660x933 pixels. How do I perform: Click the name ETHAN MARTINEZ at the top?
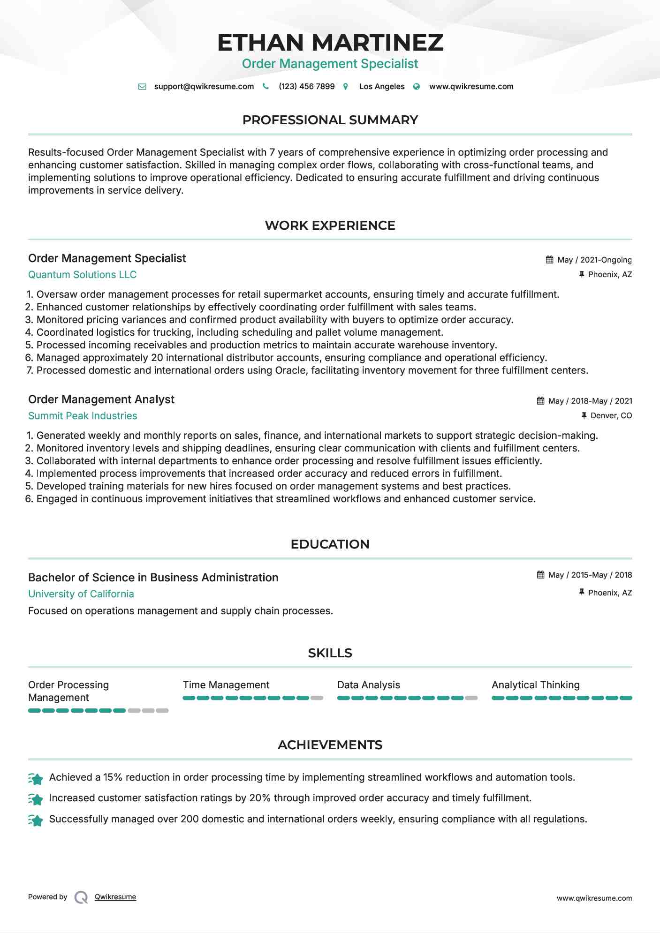pos(330,42)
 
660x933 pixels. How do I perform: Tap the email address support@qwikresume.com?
pos(204,86)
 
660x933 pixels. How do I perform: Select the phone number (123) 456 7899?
pos(306,86)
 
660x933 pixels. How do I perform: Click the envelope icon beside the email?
pos(142,86)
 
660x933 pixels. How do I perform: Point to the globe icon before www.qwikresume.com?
pos(417,86)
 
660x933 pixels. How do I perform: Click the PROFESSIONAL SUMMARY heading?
pos(330,120)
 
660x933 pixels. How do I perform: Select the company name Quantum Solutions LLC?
pos(82,275)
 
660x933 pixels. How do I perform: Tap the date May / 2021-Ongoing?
pos(594,260)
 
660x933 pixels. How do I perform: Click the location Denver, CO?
pos(611,415)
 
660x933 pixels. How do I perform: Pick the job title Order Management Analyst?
pos(101,399)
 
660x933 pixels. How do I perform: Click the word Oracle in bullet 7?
pos(291,370)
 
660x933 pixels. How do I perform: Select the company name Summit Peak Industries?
pos(83,416)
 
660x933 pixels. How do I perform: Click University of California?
pos(81,594)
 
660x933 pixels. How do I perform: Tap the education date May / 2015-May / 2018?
pos(590,575)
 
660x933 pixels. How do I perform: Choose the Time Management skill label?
pos(226,685)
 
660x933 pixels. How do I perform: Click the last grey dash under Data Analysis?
pos(471,698)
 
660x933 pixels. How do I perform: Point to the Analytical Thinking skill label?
pos(535,685)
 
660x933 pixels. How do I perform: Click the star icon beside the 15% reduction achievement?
pos(36,779)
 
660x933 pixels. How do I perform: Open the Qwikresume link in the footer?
pos(115,897)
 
